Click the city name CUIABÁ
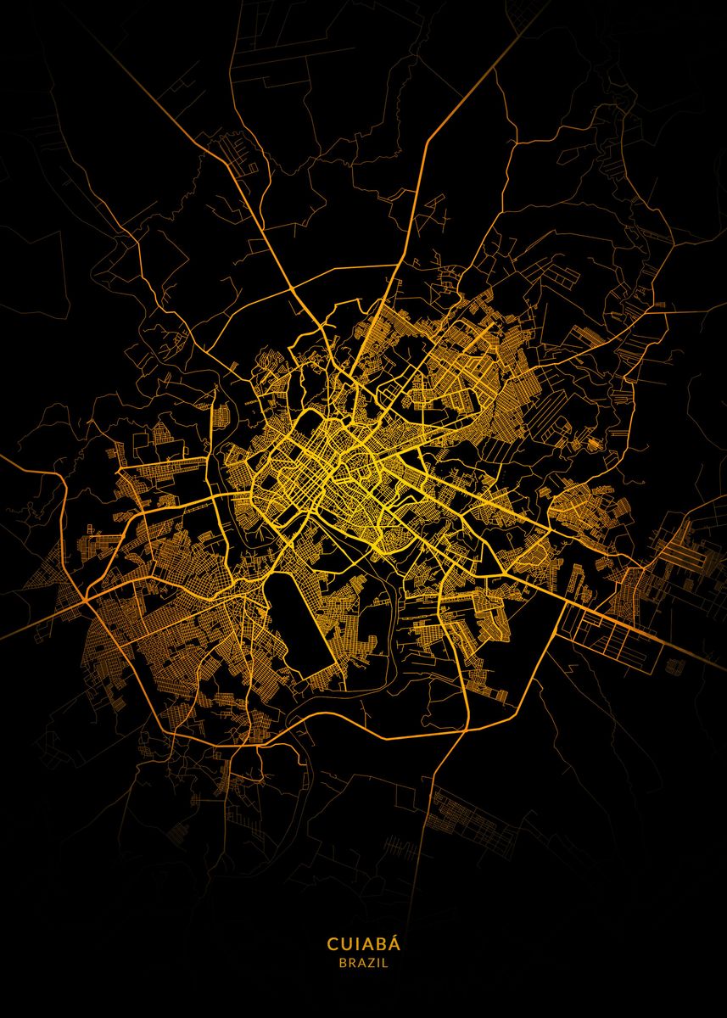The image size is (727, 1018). click(363, 944)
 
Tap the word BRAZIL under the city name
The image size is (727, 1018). click(363, 964)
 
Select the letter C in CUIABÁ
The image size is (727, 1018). click(333, 944)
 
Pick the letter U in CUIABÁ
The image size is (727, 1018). click(345, 944)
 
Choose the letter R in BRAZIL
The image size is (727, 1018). click(351, 964)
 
